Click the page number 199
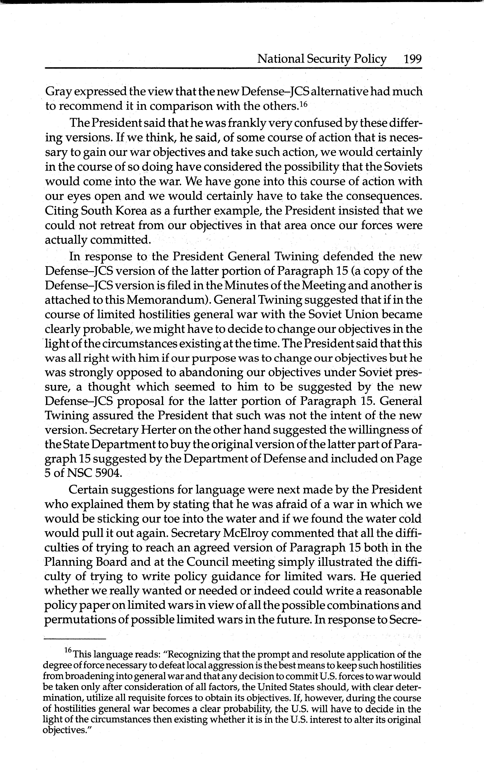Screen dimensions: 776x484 pos(413,59)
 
